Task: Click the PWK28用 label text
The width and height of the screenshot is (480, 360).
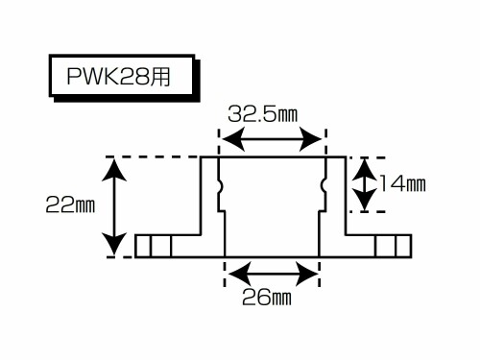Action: [118, 76]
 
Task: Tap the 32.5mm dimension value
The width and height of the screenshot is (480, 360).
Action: [263, 114]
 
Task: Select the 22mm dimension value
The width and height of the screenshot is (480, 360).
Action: [70, 204]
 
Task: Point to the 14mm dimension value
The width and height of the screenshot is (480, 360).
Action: [402, 184]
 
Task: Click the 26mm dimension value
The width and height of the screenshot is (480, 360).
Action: [267, 297]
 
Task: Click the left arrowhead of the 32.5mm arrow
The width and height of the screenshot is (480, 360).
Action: [233, 139]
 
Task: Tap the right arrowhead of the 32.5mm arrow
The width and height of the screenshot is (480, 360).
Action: [310, 139]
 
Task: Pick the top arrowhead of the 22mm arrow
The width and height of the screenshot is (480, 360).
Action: [114, 170]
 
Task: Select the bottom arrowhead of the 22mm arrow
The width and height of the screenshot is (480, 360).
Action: [114, 245]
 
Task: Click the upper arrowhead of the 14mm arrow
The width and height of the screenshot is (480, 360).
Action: [365, 170]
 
